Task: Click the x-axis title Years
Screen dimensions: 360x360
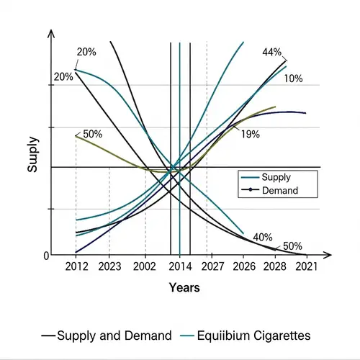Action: [x=184, y=287]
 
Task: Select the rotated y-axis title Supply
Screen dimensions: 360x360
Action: [x=32, y=154]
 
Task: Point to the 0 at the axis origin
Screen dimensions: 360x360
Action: [x=45, y=256]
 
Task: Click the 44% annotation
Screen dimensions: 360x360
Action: [x=272, y=52]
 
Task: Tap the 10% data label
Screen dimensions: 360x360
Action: [x=293, y=78]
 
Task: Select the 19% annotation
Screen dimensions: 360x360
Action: [x=251, y=134]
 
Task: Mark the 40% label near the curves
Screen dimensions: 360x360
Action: [x=263, y=237]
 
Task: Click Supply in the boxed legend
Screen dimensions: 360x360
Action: [x=277, y=177]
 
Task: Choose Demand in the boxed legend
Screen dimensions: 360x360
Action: [x=280, y=191]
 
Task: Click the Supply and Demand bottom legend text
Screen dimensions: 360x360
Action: [x=114, y=336]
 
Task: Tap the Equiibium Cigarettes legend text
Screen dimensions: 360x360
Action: [x=254, y=336]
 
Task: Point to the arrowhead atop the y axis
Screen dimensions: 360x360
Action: [x=51, y=35]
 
